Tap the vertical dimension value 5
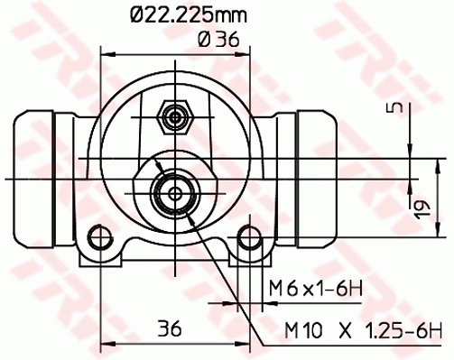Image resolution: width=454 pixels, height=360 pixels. click(391, 109)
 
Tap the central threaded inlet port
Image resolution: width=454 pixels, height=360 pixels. click(173, 191)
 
